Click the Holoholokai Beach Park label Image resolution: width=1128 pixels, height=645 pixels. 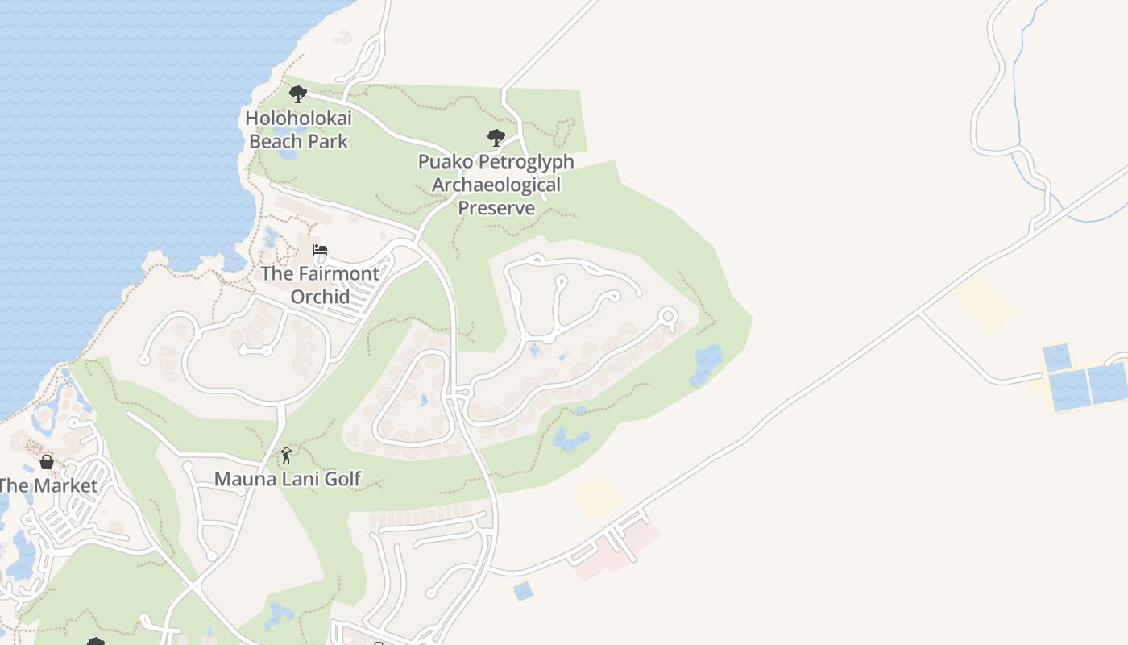pyautogui.click(x=298, y=130)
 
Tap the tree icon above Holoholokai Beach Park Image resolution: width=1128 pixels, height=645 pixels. pyautogui.click(x=298, y=94)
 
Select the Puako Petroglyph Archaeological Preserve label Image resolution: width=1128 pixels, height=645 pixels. pyautogui.click(x=496, y=185)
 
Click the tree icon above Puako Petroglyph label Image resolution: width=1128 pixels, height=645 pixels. pyautogui.click(x=496, y=138)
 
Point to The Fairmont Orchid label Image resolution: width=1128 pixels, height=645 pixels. pyautogui.click(x=320, y=285)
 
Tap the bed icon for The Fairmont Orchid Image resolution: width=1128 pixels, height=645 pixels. pyautogui.click(x=320, y=251)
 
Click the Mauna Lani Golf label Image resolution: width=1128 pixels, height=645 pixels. pyautogui.click(x=288, y=479)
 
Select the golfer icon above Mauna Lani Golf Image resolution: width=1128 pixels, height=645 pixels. pyautogui.click(x=286, y=456)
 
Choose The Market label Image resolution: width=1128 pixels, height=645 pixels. pyautogui.click(x=48, y=485)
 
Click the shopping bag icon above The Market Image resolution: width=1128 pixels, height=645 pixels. pyautogui.click(x=47, y=462)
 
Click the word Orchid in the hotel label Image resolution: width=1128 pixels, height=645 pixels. pyautogui.click(x=320, y=297)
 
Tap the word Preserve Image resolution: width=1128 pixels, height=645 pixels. pyautogui.click(x=496, y=208)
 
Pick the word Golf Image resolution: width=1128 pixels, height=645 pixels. pyautogui.click(x=342, y=479)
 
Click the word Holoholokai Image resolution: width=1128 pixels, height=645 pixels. pyautogui.click(x=298, y=119)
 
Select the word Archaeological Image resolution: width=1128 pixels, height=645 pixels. pyautogui.click(x=496, y=185)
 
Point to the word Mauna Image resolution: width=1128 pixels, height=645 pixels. pyautogui.click(x=241, y=479)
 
